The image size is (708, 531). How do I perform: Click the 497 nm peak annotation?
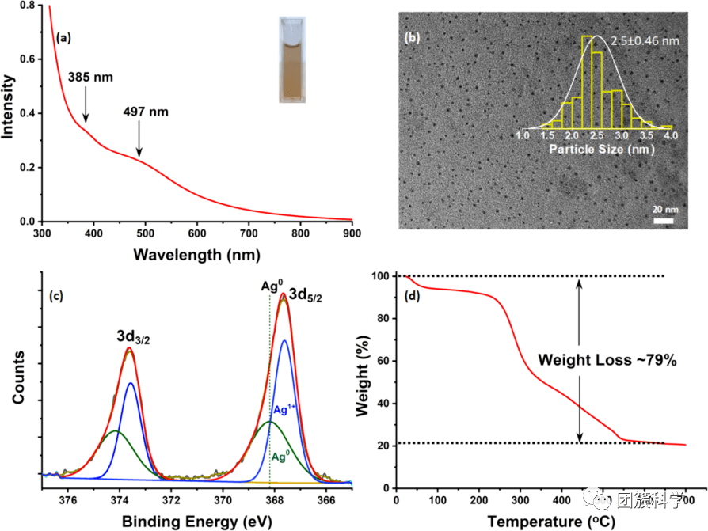[143, 112]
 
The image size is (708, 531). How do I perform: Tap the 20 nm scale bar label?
[664, 210]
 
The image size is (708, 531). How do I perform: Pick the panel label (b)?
[413, 37]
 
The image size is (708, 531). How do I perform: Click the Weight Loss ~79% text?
[607, 360]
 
